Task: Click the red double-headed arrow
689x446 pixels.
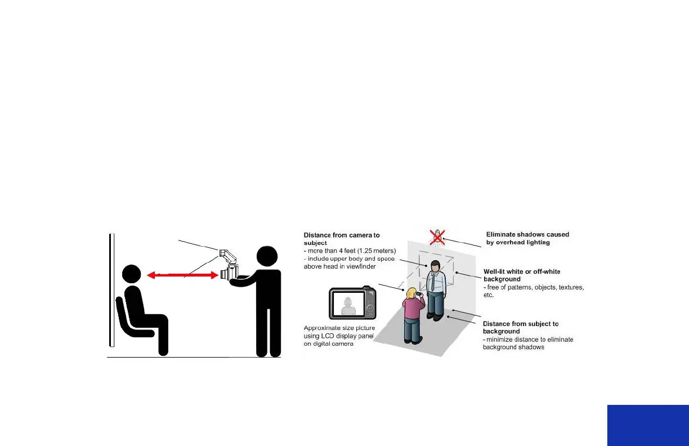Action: click(x=182, y=275)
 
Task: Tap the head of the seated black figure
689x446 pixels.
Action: click(x=133, y=275)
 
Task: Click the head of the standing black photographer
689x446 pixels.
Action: click(x=267, y=258)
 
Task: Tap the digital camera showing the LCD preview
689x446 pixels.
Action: click(x=352, y=305)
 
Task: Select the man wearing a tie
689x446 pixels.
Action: click(x=436, y=290)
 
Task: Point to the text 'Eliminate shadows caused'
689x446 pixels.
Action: click(x=527, y=234)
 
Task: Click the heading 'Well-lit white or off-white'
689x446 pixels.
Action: click(x=529, y=271)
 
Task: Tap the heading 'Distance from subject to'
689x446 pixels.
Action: click(x=521, y=324)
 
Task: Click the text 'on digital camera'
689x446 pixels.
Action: click(x=329, y=344)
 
